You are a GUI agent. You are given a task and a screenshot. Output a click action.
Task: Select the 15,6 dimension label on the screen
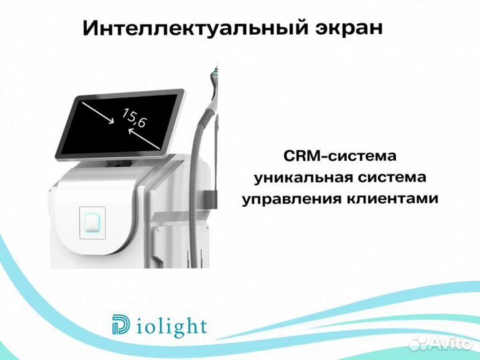pos(134,119)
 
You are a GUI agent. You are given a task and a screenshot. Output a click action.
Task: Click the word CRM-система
pos(340,156)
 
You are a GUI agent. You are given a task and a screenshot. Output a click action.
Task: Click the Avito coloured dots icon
pos(419,343)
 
